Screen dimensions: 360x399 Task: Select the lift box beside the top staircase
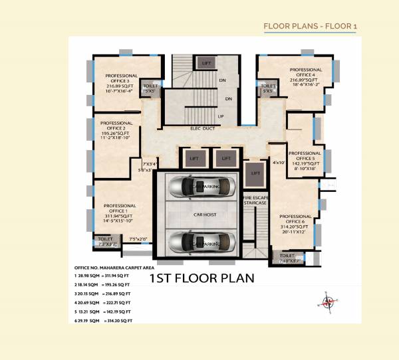[206, 62]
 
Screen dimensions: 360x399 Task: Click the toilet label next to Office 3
[151, 88]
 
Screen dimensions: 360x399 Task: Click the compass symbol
[327, 302]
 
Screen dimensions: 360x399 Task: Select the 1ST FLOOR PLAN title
[201, 278]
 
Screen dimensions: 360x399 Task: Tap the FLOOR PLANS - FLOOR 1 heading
[310, 26]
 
